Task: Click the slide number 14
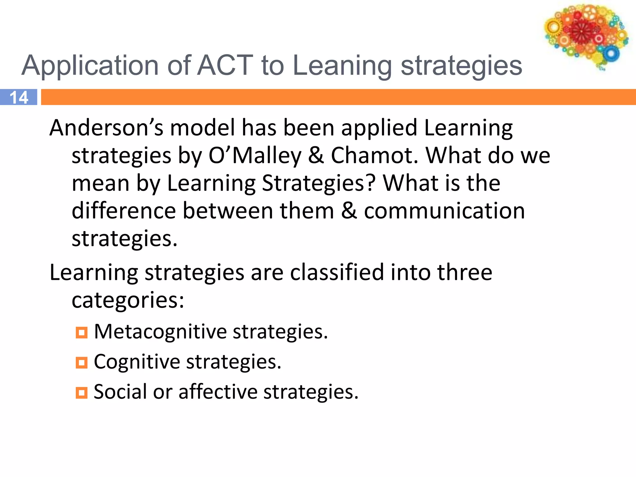pyautogui.click(x=19, y=97)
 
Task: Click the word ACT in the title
pyautogui.click(x=225, y=66)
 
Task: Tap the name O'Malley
pyautogui.click(x=255, y=156)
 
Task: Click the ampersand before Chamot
pyautogui.click(x=316, y=155)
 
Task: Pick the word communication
pyautogui.click(x=444, y=211)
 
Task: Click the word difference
pyautogui.click(x=124, y=211)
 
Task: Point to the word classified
pyautogui.click(x=337, y=272)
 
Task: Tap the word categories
pyautogui.click(x=128, y=300)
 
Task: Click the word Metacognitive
pyautogui.click(x=160, y=332)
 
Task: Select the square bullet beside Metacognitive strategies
pyautogui.click(x=82, y=333)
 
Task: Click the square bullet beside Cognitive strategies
pyautogui.click(x=82, y=362)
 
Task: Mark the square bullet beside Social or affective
pyautogui.click(x=82, y=393)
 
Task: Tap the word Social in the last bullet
pyautogui.click(x=120, y=392)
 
